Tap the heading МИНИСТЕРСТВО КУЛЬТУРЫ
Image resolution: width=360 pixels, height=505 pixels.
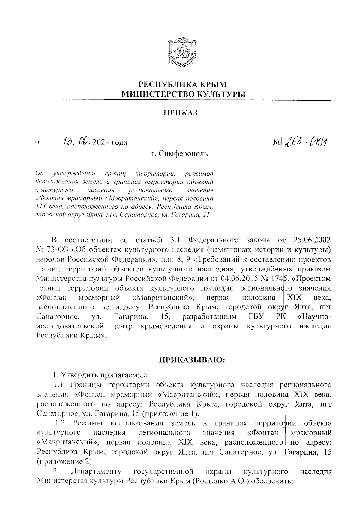183,94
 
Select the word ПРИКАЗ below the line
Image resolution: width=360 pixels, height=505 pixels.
181,113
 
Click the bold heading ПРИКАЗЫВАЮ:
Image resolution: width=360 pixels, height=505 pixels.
192,360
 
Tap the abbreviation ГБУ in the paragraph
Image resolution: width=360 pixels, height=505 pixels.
257,317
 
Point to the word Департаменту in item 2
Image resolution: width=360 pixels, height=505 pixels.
96,472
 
